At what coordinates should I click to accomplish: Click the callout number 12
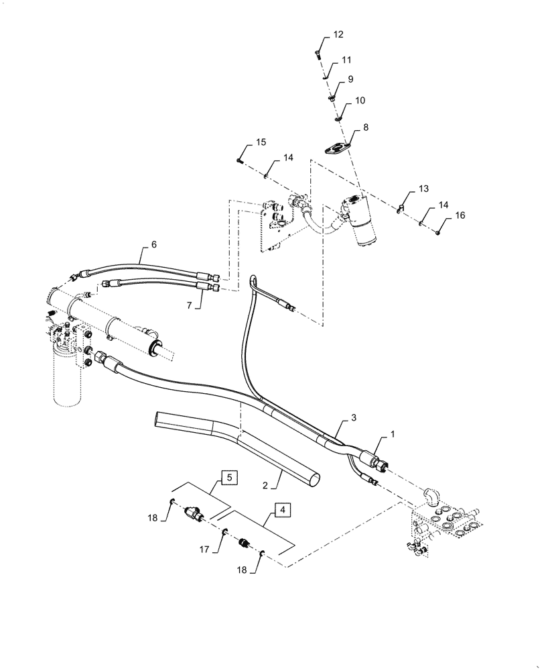(338, 34)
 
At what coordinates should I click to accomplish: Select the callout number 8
(365, 127)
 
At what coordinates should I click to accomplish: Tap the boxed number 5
(228, 478)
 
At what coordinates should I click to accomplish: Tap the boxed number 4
(283, 511)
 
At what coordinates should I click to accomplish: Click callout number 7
(189, 305)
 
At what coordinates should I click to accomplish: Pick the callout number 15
(261, 142)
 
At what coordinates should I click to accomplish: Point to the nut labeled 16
(436, 233)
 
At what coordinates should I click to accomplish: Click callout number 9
(350, 79)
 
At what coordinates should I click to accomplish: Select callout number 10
(360, 101)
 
